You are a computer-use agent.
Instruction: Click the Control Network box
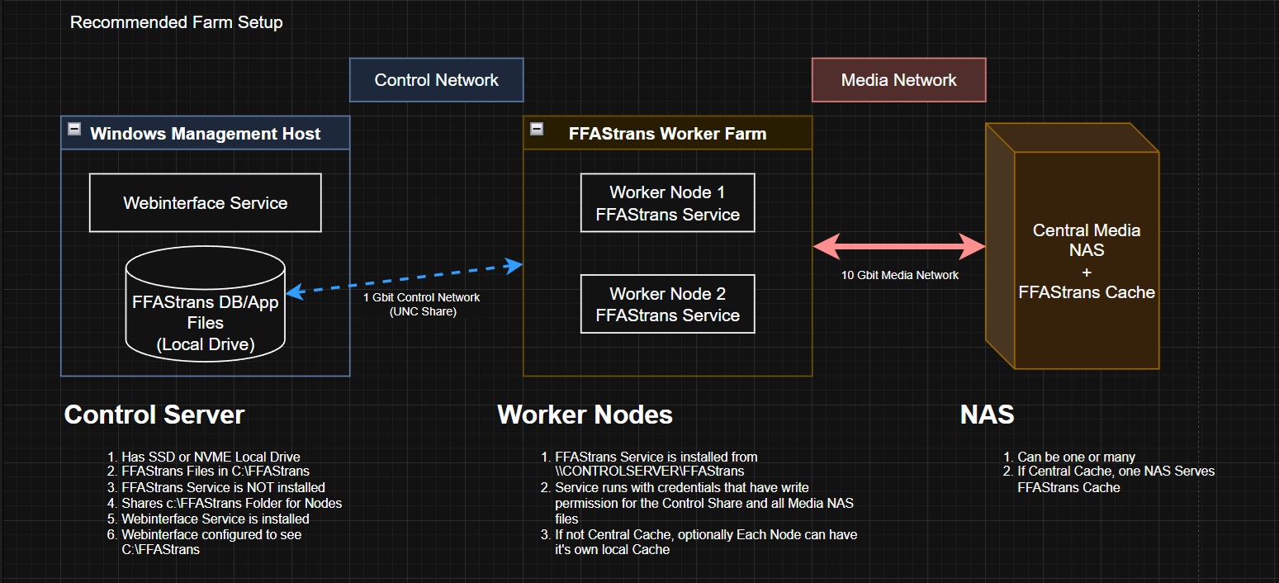pyautogui.click(x=436, y=80)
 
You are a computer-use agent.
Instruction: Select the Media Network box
pyautogui.click(x=898, y=80)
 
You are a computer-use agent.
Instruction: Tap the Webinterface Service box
pyautogui.click(x=206, y=202)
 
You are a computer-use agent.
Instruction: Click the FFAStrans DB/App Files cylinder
pyautogui.click(x=206, y=304)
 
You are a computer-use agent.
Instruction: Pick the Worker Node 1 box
pyautogui.click(x=667, y=202)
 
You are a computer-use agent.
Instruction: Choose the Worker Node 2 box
pyautogui.click(x=667, y=304)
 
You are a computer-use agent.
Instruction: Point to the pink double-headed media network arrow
pyautogui.click(x=899, y=247)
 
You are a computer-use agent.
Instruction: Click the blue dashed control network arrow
pyautogui.click(x=405, y=279)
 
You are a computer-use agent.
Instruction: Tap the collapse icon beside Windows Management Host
pyautogui.click(x=74, y=129)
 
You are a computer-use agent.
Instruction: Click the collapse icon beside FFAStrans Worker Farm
pyautogui.click(x=537, y=129)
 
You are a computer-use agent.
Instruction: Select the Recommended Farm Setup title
pyautogui.click(x=177, y=22)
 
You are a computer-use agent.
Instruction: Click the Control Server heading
pyautogui.click(x=154, y=415)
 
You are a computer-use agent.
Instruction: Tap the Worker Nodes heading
pyautogui.click(x=585, y=415)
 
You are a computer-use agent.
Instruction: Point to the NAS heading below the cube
pyautogui.click(x=988, y=415)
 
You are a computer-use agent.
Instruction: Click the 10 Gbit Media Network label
pyautogui.click(x=900, y=275)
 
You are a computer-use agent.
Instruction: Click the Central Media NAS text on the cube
pyautogui.click(x=1087, y=239)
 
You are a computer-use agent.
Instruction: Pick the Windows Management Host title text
pyautogui.click(x=206, y=134)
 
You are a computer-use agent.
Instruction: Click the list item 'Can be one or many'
pyautogui.click(x=1077, y=457)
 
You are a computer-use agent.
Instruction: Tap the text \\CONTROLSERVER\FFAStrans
pyautogui.click(x=650, y=471)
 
